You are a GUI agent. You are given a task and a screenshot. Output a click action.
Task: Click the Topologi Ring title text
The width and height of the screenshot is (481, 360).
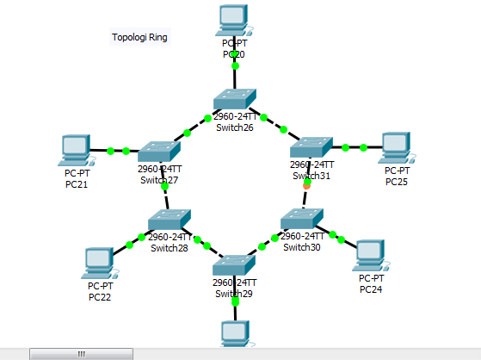[140, 37]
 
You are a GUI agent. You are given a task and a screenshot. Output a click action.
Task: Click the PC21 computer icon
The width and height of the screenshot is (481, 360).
[76, 148]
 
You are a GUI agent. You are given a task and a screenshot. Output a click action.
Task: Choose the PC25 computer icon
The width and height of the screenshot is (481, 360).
[396, 146]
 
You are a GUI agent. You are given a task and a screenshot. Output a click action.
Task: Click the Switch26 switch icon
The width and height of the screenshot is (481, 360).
[234, 99]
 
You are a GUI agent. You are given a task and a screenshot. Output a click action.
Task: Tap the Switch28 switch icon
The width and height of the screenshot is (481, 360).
[168, 220]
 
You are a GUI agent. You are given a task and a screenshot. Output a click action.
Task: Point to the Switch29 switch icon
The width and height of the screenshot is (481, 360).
[233, 265]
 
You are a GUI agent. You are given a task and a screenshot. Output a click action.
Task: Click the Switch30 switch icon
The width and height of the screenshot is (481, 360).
[302, 219]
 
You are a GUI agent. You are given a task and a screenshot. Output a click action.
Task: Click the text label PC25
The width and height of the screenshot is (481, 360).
[397, 182]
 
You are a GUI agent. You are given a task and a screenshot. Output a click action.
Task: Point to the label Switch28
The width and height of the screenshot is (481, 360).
[169, 248]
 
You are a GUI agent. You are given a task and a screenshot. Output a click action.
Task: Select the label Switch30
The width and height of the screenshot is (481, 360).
[302, 247]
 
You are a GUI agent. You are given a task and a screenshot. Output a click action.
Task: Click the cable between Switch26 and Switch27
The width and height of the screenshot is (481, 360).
[198, 127]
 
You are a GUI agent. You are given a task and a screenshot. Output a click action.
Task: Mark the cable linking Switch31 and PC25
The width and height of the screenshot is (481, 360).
[353, 147]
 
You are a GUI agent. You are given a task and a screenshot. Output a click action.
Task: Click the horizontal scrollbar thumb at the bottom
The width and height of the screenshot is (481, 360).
[82, 353]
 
